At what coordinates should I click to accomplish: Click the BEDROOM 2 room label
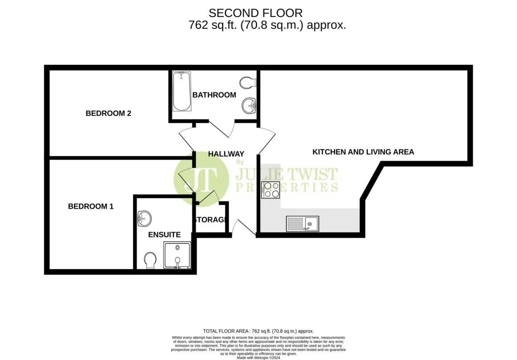[108, 113]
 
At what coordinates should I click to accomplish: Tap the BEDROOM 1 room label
[90, 207]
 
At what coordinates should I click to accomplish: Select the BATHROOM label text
[214, 95]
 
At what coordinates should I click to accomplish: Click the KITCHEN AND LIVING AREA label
[363, 152]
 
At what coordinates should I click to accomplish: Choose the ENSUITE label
[164, 235]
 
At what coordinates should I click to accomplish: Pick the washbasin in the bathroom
[249, 106]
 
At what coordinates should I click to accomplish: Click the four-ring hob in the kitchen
[271, 190]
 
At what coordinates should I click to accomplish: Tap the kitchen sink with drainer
[303, 223]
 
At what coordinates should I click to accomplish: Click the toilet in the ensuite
[150, 260]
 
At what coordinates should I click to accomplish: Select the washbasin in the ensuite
[144, 218]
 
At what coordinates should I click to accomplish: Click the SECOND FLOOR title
[255, 13]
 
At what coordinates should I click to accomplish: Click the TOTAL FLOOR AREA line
[258, 331]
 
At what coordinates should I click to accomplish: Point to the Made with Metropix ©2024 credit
[258, 357]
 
